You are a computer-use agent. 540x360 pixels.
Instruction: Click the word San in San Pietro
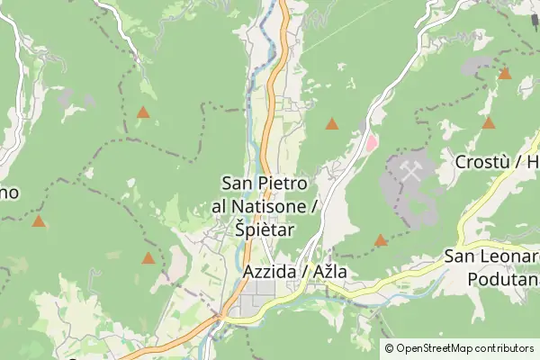click(238, 184)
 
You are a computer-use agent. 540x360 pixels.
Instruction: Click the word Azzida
click(267, 270)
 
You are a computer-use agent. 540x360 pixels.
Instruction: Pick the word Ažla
click(328, 270)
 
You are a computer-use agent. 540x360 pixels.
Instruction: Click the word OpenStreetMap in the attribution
click(445, 348)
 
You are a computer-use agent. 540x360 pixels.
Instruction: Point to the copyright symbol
click(389, 348)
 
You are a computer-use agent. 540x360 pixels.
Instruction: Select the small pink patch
click(370, 142)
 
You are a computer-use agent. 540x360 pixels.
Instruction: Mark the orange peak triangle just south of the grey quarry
click(381, 240)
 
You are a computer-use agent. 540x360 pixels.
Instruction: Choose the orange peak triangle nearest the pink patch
click(332, 124)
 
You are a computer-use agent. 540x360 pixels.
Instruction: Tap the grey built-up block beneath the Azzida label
click(261, 292)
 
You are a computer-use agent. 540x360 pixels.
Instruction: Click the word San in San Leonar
click(460, 257)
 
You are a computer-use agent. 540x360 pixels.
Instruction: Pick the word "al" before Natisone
click(220, 207)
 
